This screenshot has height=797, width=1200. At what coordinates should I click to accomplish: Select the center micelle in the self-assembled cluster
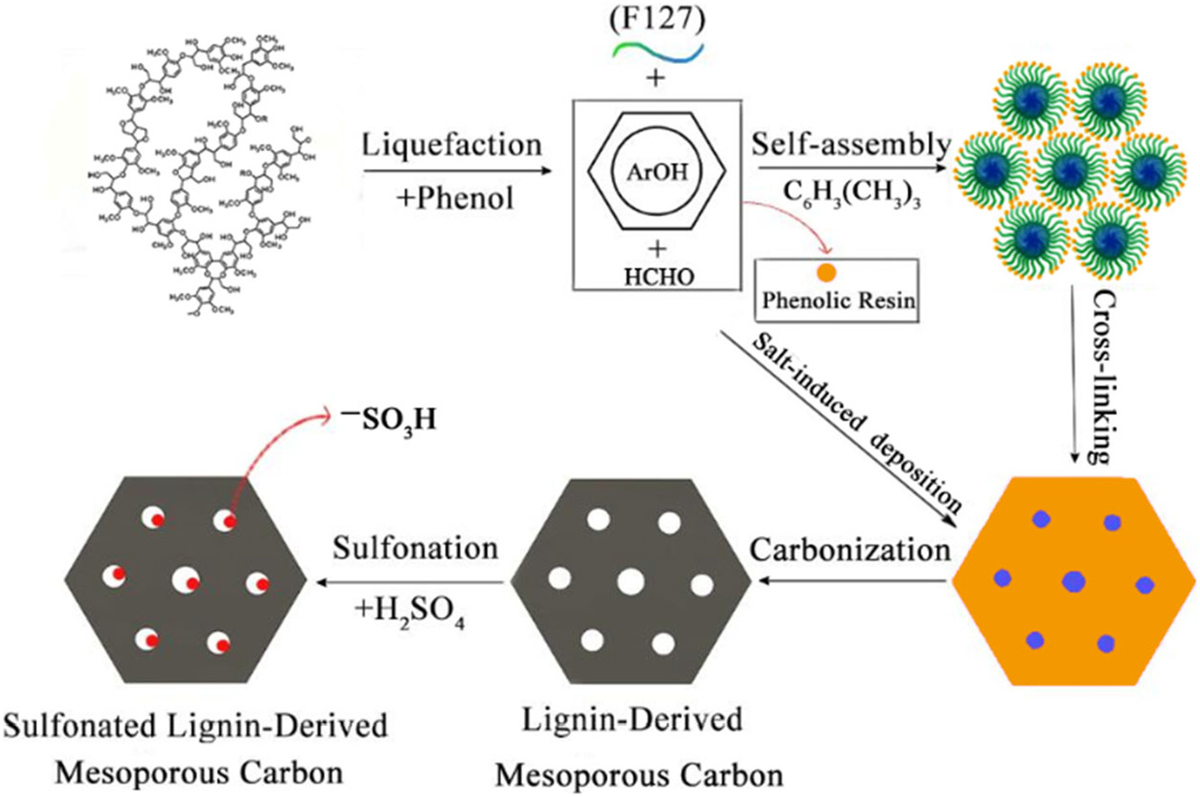tap(1071, 170)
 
